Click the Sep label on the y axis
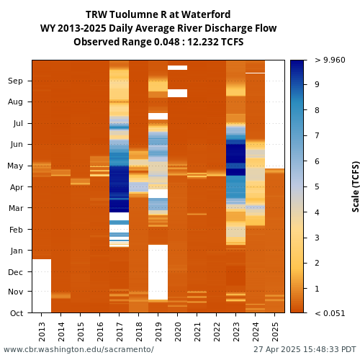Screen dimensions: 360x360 (15, 81)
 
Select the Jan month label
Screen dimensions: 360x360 (17, 251)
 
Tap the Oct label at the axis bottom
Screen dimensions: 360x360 (17, 313)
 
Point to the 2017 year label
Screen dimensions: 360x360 (120, 332)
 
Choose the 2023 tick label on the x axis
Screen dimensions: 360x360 (236, 332)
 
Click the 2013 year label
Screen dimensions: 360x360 (42, 332)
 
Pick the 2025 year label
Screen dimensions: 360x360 (275, 332)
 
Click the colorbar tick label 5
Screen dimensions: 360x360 (317, 186)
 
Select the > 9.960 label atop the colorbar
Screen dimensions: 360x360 (330, 60)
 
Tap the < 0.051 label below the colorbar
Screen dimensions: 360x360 (330, 313)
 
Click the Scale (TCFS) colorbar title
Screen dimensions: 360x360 (356, 186)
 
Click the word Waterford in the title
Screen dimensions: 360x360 (206, 14)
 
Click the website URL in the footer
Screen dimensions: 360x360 (78, 349)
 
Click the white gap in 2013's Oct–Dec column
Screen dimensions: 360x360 (42, 286)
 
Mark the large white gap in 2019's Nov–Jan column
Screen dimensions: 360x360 (158, 272)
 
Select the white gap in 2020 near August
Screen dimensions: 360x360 (177, 93)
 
